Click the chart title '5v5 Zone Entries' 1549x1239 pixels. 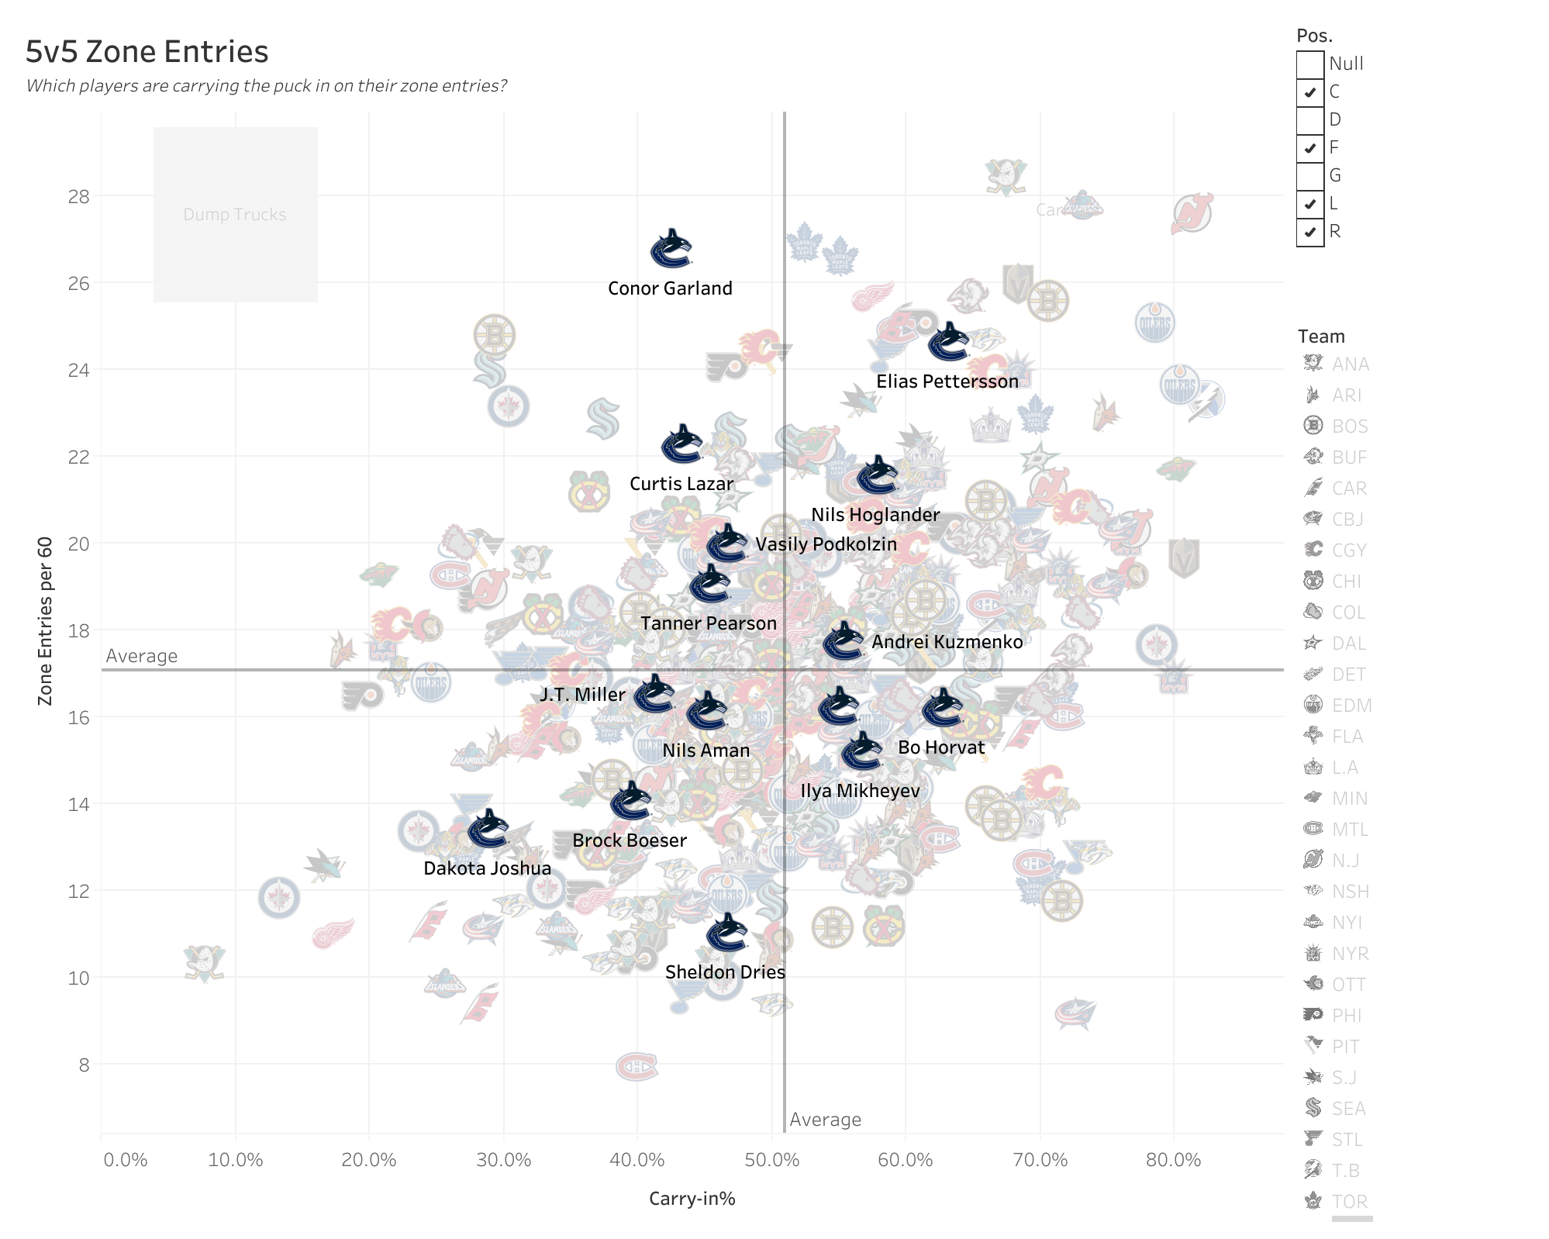tap(147, 52)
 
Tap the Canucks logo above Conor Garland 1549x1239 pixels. tap(671, 249)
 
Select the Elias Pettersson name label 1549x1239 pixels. tap(947, 381)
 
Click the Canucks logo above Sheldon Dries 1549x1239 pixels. tap(726, 933)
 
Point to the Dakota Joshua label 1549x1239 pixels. tap(487, 868)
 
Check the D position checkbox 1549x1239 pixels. tap(1310, 120)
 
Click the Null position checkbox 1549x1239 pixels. tap(1310, 64)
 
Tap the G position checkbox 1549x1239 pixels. tap(1310, 176)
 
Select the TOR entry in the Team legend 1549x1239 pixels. tap(1348, 1202)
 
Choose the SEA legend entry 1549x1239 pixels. tap(1348, 1109)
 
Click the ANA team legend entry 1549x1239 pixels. tap(1350, 364)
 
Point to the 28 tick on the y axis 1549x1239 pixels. tap(79, 197)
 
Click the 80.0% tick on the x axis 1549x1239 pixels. tap(1173, 1160)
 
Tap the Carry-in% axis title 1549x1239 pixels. tap(692, 1199)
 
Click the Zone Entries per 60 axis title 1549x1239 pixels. tap(45, 620)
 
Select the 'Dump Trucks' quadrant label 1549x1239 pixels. tap(234, 215)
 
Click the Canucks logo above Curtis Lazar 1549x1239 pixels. tap(681, 444)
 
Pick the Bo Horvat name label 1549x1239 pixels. tap(940, 747)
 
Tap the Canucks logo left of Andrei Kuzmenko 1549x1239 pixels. tap(843, 641)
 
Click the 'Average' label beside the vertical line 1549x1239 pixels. tap(825, 1120)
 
